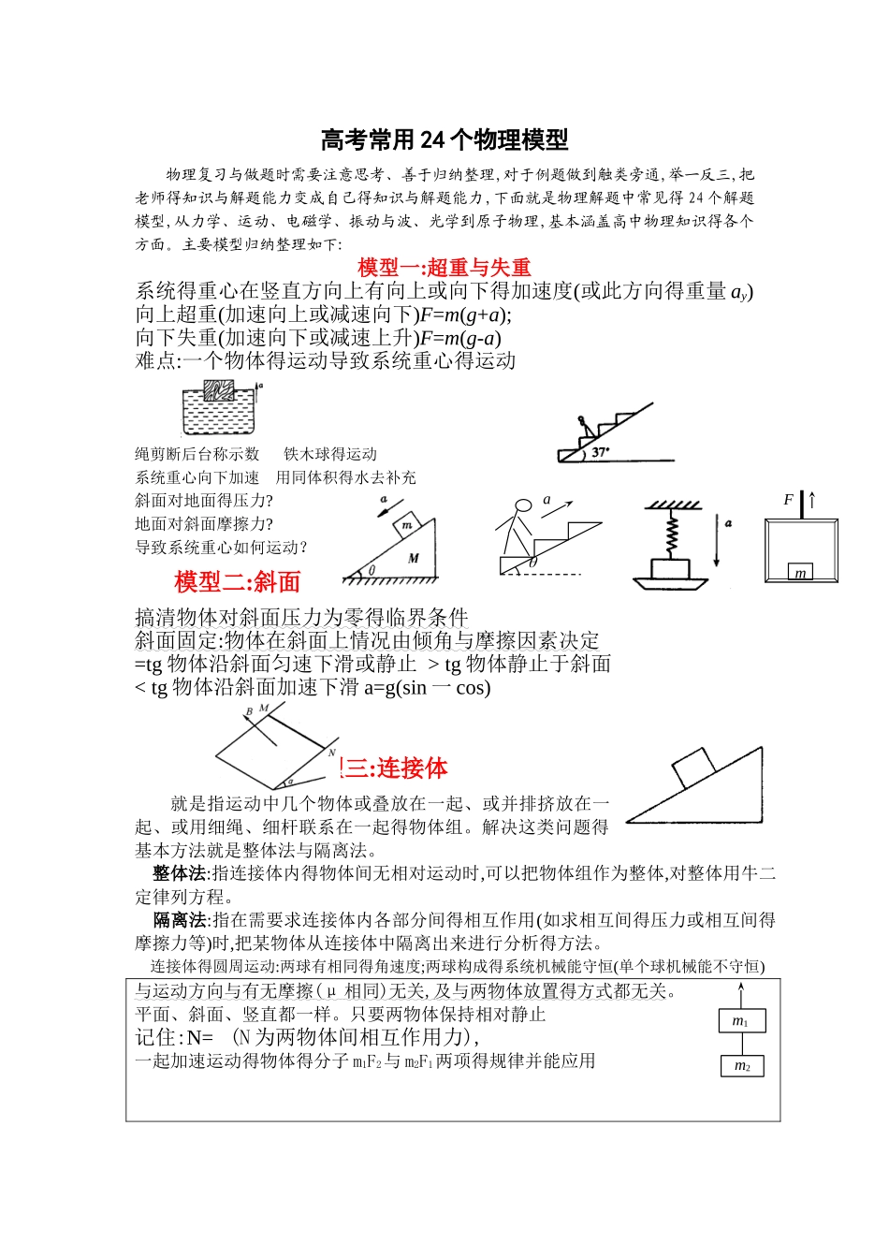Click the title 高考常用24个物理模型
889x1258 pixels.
[444, 140]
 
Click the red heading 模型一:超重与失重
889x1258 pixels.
[444, 268]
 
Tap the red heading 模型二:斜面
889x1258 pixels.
[237, 582]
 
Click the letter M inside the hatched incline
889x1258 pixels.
[414, 558]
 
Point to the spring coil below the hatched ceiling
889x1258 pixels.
[671, 534]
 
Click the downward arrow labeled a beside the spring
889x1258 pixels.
[716, 540]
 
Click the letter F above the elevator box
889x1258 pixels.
[788, 500]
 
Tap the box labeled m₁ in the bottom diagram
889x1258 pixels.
[741, 1021]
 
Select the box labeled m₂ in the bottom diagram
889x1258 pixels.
[741, 1065]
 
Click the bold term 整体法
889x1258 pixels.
[181, 873]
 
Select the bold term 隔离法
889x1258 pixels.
[181, 920]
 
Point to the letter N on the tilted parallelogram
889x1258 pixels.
[332, 752]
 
